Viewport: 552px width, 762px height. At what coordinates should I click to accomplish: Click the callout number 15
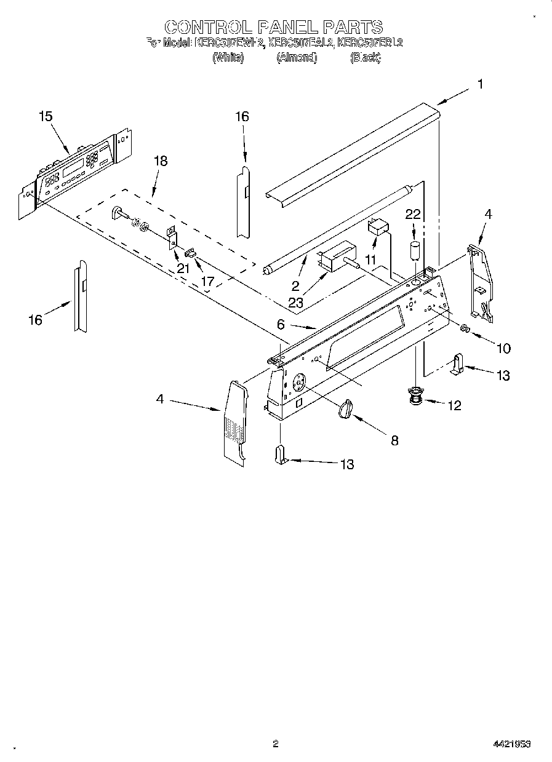[45, 116]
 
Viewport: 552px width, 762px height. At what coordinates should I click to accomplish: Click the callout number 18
[160, 161]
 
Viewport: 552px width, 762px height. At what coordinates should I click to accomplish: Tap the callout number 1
[479, 85]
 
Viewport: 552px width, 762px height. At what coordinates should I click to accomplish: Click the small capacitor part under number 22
[415, 252]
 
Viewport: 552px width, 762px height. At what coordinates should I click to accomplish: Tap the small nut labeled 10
[466, 330]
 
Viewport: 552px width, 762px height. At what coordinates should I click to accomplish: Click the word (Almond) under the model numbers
[296, 58]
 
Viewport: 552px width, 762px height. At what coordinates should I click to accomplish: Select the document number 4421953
[512, 744]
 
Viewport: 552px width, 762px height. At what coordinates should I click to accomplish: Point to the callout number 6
[281, 325]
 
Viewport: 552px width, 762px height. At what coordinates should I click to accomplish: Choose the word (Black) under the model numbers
[365, 58]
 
